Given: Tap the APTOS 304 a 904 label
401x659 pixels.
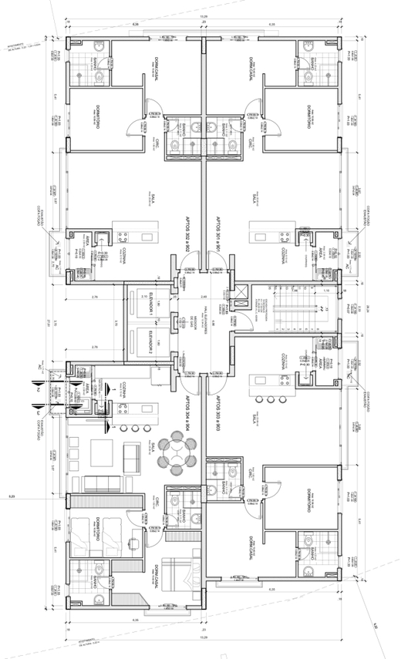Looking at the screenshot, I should [x=186, y=417].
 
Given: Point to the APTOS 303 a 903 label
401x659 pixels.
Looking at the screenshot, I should [x=218, y=417].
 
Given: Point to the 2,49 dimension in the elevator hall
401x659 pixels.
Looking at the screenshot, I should [x=204, y=297].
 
